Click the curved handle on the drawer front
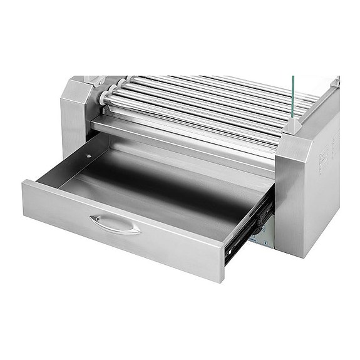pos(115,224)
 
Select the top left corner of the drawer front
pos(25,182)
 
